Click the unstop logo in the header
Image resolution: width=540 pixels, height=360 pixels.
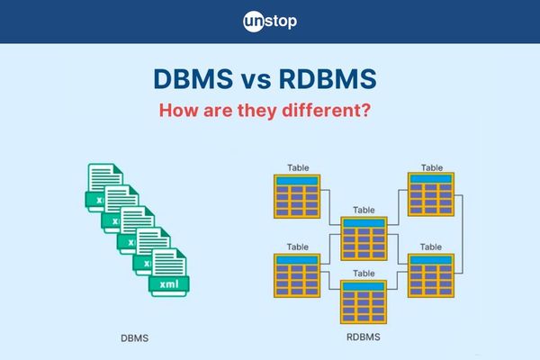point(270,21)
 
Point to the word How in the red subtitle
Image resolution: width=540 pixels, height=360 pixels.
point(179,114)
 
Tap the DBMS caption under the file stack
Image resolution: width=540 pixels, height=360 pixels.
point(134,338)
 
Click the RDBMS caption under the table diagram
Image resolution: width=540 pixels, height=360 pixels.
point(363,338)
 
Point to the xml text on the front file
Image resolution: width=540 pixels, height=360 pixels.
point(168,285)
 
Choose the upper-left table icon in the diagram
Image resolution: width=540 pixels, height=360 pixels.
point(297,196)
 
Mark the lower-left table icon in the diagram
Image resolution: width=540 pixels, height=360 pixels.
point(297,275)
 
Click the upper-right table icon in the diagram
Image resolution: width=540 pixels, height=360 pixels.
point(431,195)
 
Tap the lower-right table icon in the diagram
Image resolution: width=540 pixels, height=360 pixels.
point(431,275)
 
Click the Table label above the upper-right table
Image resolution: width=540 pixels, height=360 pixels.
point(431,167)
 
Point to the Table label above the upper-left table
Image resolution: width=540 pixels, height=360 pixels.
point(297,167)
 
